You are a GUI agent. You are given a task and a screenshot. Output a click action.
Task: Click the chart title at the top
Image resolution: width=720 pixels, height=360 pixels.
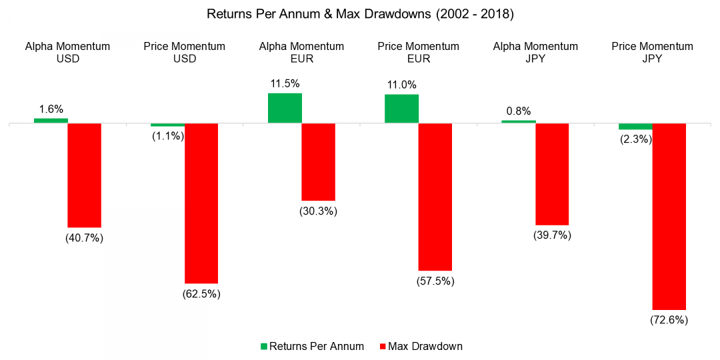coord(360,14)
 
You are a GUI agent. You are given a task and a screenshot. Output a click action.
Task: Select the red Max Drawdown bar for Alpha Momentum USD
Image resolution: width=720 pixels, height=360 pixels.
coord(84,175)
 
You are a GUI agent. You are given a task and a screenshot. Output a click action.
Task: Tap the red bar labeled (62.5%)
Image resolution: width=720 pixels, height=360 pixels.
coord(201,203)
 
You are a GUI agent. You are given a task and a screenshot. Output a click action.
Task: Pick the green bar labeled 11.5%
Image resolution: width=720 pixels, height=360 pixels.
coord(285,108)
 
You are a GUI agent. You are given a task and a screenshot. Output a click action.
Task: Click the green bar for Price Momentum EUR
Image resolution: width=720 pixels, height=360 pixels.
coord(401,109)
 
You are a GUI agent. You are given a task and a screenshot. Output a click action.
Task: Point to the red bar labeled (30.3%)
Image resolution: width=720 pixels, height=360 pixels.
coord(319,162)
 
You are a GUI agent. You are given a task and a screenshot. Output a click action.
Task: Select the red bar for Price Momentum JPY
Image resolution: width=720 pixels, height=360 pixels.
coord(669,217)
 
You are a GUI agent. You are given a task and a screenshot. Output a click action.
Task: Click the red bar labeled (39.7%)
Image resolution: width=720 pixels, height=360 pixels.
coord(552,174)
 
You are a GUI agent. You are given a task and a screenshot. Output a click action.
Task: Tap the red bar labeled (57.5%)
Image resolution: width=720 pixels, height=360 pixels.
coord(435,197)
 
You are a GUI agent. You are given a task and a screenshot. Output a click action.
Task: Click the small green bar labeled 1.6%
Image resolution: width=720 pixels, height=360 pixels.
coord(51,121)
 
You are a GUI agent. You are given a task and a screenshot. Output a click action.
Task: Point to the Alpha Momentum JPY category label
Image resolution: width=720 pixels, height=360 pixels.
coord(535,52)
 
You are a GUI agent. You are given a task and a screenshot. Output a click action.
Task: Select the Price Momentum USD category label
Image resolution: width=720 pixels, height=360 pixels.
coord(185,52)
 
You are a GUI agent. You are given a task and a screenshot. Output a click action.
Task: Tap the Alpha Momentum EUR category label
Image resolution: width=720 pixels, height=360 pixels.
coord(302,52)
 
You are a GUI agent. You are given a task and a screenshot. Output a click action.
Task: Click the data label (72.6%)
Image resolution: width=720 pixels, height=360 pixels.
coord(669,321)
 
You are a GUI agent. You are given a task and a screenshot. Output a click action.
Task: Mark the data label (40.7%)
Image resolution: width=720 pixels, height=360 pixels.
coord(84,238)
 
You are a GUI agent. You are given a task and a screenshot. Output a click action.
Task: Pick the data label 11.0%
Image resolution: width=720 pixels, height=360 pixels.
coord(401,85)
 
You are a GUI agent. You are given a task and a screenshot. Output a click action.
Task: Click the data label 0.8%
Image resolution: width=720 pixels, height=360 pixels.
coord(518,111)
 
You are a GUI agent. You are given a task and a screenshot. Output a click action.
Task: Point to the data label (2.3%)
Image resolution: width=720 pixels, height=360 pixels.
coord(635,139)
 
